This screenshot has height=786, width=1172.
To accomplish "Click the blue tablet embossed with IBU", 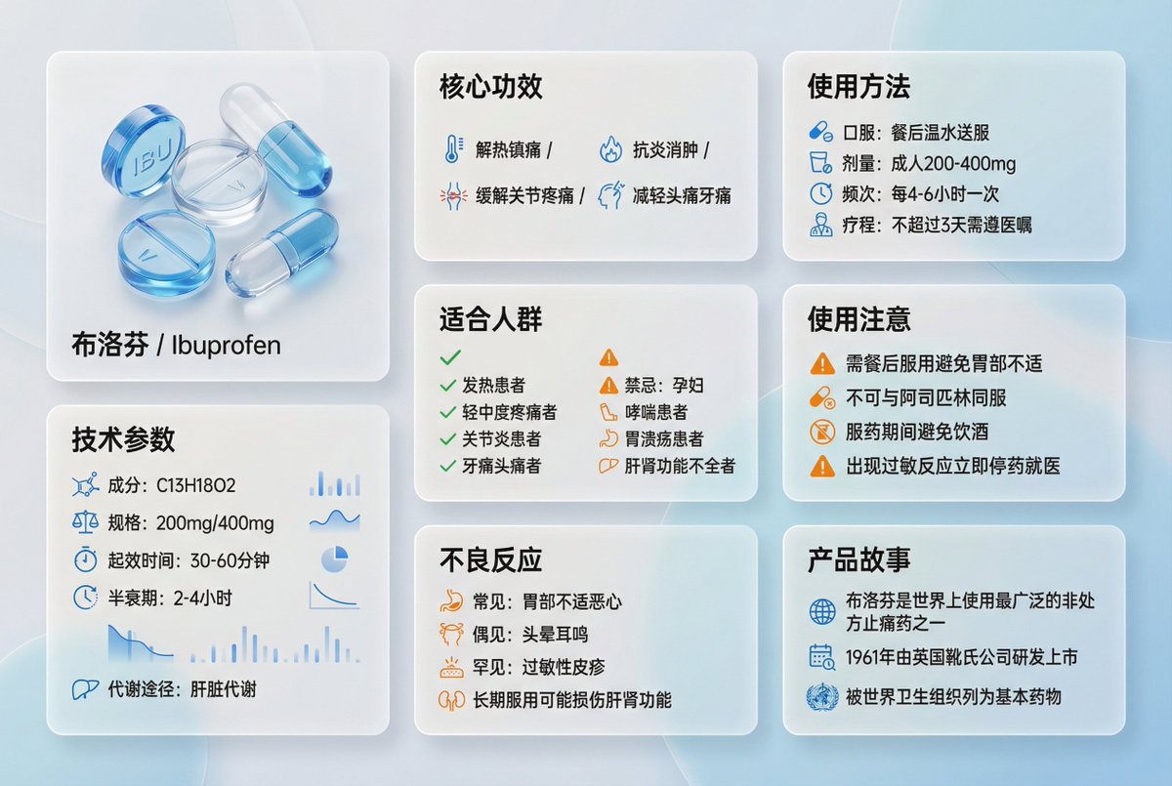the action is pos(143,150).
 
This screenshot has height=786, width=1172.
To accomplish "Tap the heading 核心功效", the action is pos(490,86).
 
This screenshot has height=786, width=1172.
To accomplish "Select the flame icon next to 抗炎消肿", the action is pos(610,149).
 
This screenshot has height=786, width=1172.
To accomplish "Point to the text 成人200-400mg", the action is pos(953,164).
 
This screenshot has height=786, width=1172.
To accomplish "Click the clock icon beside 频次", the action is pos(821,194).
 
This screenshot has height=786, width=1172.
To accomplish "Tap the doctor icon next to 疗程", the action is pos(821,225).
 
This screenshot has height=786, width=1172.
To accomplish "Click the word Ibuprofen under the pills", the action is pos(226,345).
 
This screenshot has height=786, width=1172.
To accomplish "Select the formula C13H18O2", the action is pos(196,485).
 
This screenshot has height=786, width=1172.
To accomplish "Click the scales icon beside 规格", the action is pos(85,522).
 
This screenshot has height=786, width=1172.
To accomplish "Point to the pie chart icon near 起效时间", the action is pos(335,559).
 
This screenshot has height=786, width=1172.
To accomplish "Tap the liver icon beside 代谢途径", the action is pos(85,689).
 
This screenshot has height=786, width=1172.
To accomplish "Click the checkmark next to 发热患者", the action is pos(448,386).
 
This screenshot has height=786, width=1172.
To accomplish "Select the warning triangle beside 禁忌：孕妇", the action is pos(609,386).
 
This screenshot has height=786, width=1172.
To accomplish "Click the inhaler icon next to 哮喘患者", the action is pos(608,412).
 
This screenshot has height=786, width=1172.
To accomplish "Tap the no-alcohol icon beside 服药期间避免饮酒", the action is pos(822,432).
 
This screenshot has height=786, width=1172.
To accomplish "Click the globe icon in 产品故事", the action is pos(822,612).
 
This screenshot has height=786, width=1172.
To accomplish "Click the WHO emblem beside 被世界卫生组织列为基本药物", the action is pos(822,697).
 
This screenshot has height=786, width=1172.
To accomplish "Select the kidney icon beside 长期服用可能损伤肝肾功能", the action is pos(452,700).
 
